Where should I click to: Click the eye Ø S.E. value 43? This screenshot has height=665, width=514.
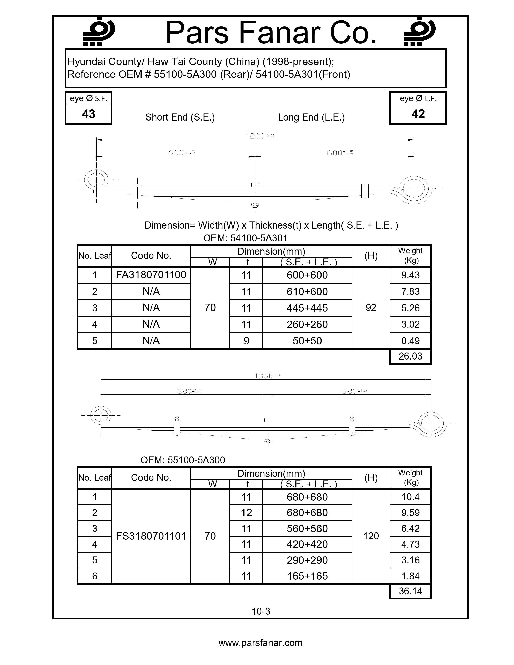pos(89,114)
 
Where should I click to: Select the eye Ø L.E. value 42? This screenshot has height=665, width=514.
pos(418,114)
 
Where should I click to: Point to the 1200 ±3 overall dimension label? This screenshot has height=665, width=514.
pos(259,136)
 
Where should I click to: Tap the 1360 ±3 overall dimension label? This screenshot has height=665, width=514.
pos(267,376)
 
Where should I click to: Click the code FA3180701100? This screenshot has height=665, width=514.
pos(151,275)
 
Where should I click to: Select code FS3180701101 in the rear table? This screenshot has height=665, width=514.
pos(151,536)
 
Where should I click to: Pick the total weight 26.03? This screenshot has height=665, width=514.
pos(410,356)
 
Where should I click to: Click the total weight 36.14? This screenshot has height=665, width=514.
pos(410,591)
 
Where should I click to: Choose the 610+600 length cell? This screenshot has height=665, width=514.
pos(307,292)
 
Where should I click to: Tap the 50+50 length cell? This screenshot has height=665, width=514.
pos(307,341)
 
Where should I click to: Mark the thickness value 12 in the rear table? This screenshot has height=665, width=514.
pos(246,513)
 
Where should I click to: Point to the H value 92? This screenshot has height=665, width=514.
pos(371,308)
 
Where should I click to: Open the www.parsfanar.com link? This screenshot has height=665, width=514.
pos(260,643)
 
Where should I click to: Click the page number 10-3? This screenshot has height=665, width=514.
pos(261,611)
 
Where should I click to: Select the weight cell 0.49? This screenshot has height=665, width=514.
pos(410,341)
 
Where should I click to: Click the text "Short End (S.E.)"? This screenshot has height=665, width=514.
pos(180,117)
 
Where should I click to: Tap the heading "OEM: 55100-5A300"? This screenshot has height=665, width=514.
pos(183,460)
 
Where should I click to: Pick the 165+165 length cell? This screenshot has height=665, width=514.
pos(307,576)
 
